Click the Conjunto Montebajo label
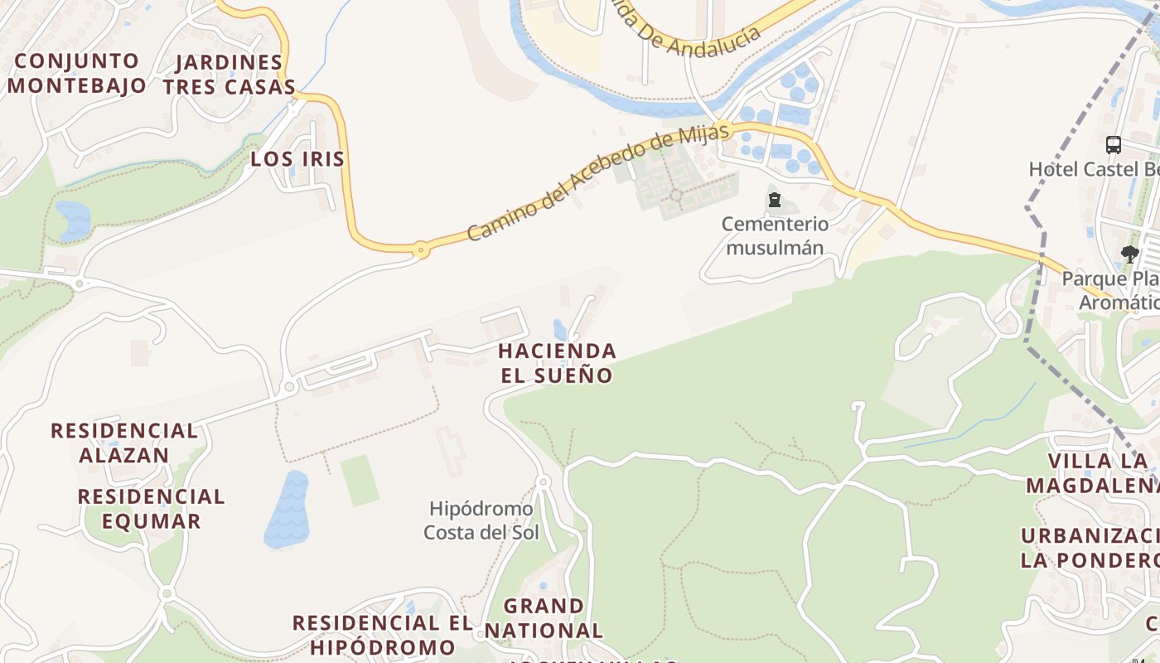pos(76,73)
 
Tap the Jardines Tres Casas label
pos(229,75)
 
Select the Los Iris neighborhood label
pos(297,159)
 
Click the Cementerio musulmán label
pos(775,235)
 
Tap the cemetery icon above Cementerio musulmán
pos(775,200)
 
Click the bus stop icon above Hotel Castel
pos(1114,145)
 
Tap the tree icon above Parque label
pos(1129,254)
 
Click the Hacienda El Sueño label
pos(557,363)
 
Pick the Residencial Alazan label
pos(124,443)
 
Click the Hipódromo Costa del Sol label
pos(481,520)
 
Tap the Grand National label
pos(544,618)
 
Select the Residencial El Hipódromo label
pos(382,634)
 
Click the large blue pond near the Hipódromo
pos(287,510)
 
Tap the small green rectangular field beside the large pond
pos(360,480)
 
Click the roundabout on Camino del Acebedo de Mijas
pos(421,248)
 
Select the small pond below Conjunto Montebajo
pos(73,220)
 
